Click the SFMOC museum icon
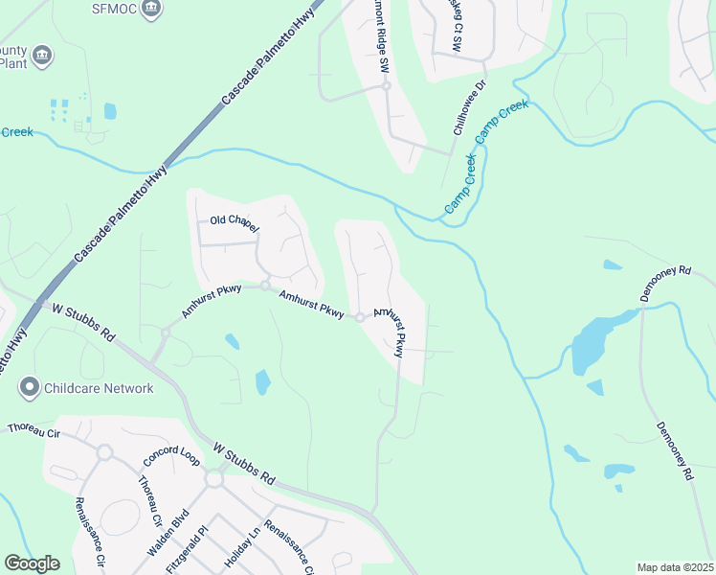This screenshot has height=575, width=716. pos(151,10)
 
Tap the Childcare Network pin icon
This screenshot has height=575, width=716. pos(30,388)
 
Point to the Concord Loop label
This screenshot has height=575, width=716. pos(171,456)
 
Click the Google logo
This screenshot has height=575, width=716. pos(32,563)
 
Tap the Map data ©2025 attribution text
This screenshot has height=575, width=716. pos(674,567)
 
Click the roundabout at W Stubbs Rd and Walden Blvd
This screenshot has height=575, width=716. pos(213,478)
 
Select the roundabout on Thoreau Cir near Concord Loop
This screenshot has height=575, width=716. pos(104,451)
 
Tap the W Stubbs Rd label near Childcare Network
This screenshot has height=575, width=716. pos(83,323)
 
